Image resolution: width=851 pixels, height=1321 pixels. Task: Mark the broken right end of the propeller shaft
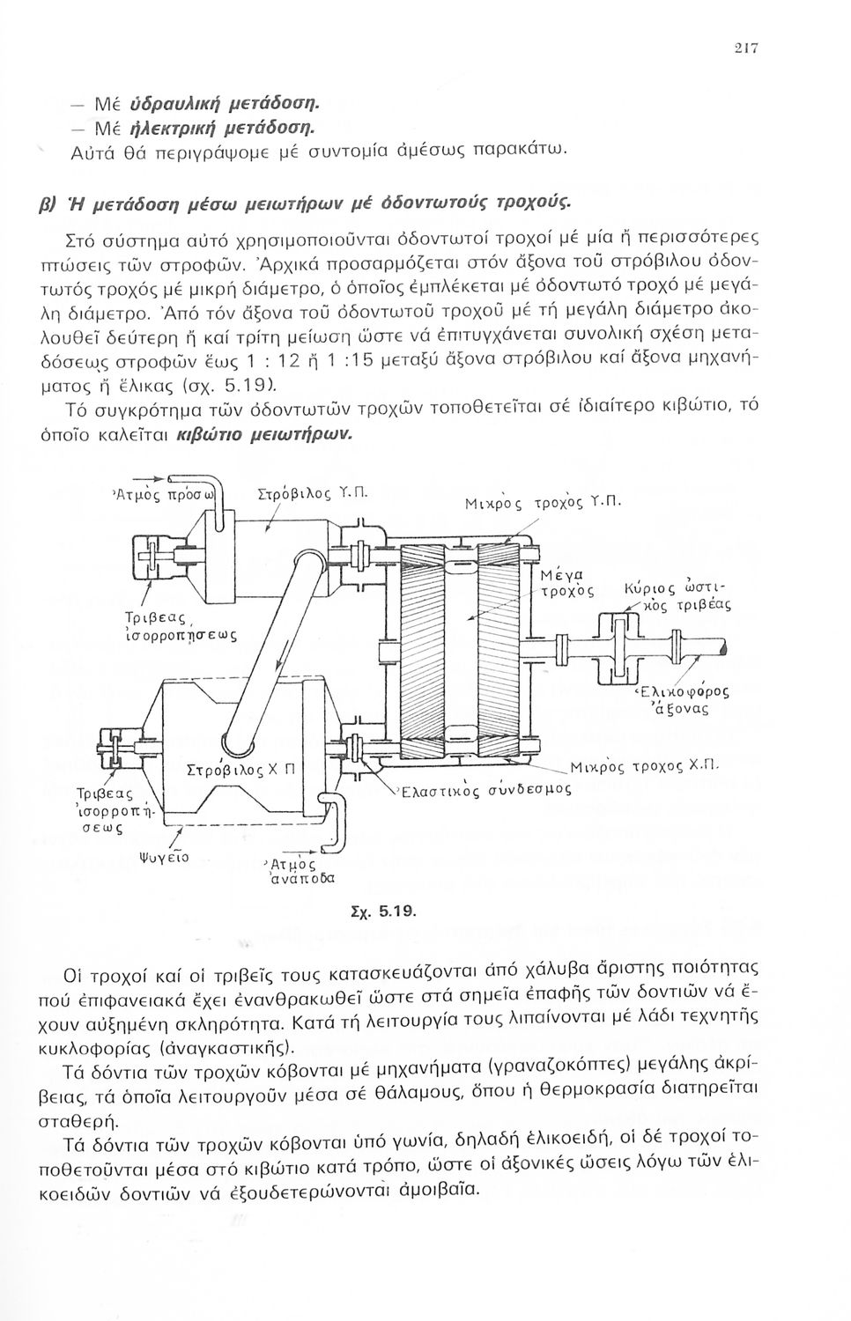pos(725,649)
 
